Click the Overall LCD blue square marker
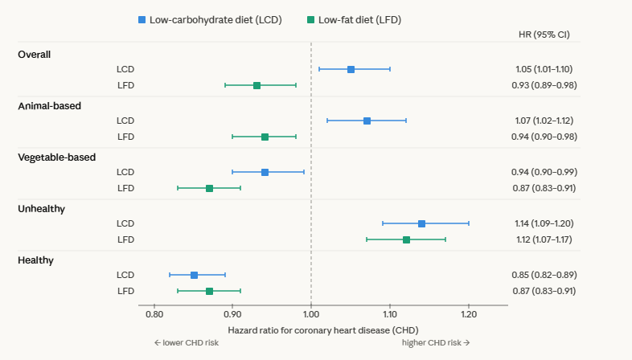[x=351, y=69]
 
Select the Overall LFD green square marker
[x=256, y=85]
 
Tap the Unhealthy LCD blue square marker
[x=421, y=223]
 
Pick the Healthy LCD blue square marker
[x=194, y=275]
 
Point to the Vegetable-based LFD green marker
[x=209, y=188]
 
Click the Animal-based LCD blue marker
[x=367, y=121]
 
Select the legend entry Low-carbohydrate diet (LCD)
[x=210, y=18]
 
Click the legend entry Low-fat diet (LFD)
[x=355, y=18]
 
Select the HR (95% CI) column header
[x=545, y=35]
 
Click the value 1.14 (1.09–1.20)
[x=545, y=223]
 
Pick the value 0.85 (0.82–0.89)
[x=545, y=275]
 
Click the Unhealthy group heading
[x=41, y=208]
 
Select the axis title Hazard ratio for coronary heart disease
[x=323, y=329]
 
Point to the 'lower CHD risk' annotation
[x=186, y=342]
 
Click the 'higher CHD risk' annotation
[x=436, y=342]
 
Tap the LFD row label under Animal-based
[x=125, y=137]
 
